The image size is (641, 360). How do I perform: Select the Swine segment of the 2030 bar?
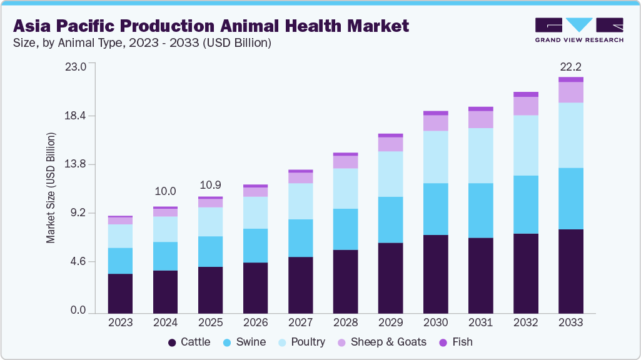click(435, 209)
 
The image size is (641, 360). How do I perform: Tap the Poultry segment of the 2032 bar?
click(525, 145)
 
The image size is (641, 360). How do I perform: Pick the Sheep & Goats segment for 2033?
click(570, 92)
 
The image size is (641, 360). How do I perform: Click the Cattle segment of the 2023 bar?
click(120, 293)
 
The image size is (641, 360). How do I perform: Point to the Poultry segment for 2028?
click(345, 188)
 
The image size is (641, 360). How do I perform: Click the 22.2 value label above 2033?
click(570, 67)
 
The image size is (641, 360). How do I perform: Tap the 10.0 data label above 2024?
click(165, 191)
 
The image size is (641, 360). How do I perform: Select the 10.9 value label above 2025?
click(210, 186)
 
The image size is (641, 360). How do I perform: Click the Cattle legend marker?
click(172, 342)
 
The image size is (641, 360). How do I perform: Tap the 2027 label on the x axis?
click(300, 323)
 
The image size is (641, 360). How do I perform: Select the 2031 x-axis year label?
click(480, 323)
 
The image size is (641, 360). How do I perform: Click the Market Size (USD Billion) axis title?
click(51, 188)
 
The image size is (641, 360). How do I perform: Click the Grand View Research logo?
click(578, 30)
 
